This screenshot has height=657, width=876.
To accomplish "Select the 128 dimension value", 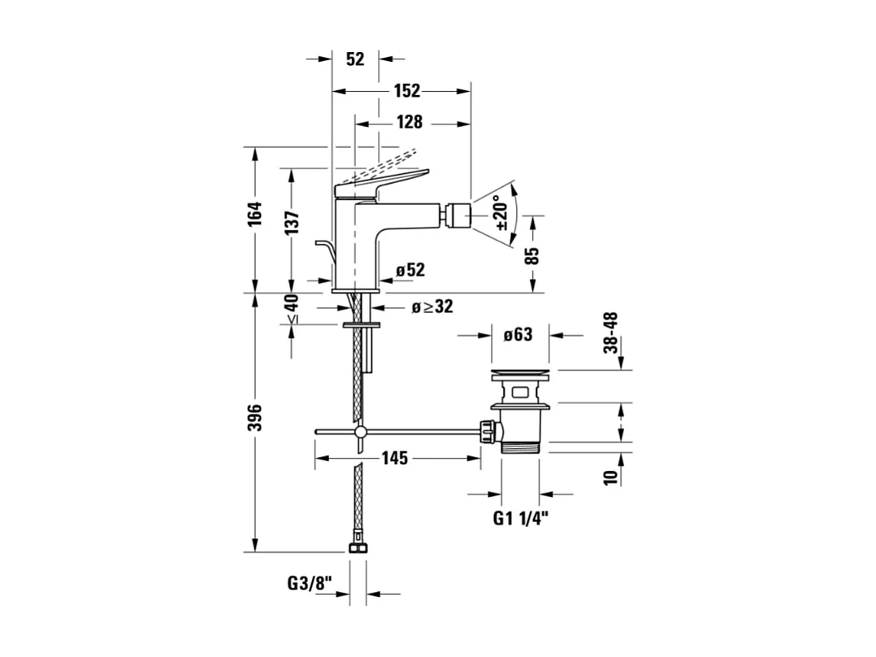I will (x=410, y=123).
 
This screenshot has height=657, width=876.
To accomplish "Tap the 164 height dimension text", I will (x=256, y=214).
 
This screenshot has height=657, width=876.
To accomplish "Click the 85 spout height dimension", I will (x=532, y=255).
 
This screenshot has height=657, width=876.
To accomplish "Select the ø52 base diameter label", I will (x=410, y=270).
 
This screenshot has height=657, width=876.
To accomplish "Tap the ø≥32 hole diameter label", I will (x=431, y=307).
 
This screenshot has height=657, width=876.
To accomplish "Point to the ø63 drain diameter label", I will (x=517, y=334).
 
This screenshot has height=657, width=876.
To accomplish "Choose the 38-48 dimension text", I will (x=611, y=332).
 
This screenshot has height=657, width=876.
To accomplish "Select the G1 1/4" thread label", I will (x=521, y=518).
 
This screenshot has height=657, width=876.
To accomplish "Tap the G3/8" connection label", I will (x=310, y=582).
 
